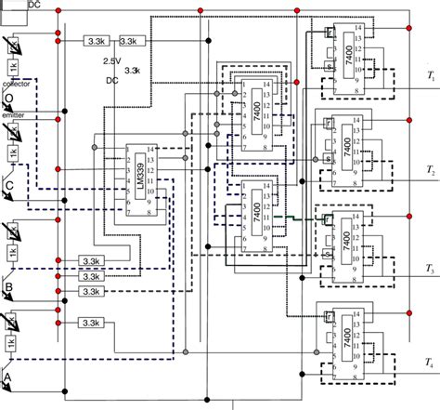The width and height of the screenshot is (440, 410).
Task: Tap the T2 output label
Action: tap(431, 172)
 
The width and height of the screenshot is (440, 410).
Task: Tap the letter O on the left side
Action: tap(8, 99)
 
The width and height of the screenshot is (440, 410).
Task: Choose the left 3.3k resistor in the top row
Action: tap(94, 41)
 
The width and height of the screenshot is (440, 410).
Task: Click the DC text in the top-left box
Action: tap(34, 5)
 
